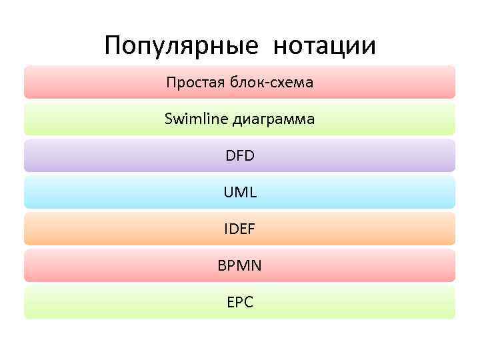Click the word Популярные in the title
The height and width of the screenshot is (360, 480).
click(x=181, y=47)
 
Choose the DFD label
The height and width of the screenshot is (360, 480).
click(x=240, y=156)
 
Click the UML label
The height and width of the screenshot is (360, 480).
click(x=240, y=193)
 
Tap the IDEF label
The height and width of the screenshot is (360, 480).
click(x=240, y=229)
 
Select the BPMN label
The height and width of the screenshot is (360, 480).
click(x=240, y=266)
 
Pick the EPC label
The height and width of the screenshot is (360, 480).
click(x=240, y=303)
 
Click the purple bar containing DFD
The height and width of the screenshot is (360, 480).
click(x=100, y=156)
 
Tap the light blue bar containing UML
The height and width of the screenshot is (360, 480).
click(x=100, y=193)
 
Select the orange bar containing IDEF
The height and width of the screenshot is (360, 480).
click(x=100, y=229)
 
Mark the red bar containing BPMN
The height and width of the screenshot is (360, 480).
click(x=100, y=266)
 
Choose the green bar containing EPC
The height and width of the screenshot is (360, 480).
click(x=100, y=303)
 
